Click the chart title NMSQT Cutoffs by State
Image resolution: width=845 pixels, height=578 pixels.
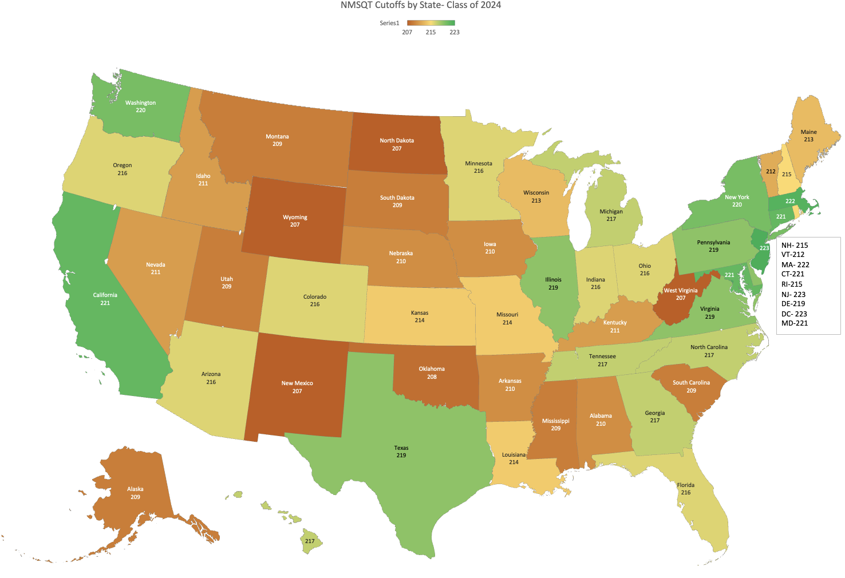click(x=421, y=5)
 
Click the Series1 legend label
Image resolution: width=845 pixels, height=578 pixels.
click(x=389, y=23)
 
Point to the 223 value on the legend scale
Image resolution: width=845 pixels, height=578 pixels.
click(x=455, y=32)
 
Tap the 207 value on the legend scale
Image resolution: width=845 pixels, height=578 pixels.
click(x=407, y=32)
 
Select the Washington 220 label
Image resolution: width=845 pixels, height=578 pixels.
click(x=140, y=106)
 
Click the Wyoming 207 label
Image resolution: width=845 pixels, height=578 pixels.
click(x=295, y=221)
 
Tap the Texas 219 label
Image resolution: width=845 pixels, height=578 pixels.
click(x=401, y=452)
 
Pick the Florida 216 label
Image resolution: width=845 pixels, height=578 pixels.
click(x=686, y=489)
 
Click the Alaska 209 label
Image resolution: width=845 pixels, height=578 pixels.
click(x=135, y=493)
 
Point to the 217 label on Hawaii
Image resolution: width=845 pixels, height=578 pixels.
click(x=310, y=541)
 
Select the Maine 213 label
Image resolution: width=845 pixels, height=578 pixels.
click(x=808, y=136)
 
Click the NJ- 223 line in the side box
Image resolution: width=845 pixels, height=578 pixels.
click(x=793, y=294)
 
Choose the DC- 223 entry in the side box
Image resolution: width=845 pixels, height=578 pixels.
click(x=794, y=314)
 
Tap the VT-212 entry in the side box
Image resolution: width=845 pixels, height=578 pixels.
click(x=793, y=255)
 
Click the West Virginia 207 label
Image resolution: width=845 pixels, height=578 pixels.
click(x=681, y=294)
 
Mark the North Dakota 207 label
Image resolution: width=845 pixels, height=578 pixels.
click(x=397, y=144)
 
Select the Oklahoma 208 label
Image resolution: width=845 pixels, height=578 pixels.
click(x=432, y=373)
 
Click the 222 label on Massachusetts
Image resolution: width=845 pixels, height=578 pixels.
click(x=790, y=201)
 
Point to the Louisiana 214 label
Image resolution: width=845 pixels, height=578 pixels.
click(x=514, y=458)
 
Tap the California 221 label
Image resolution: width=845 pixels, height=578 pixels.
click(x=105, y=299)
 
